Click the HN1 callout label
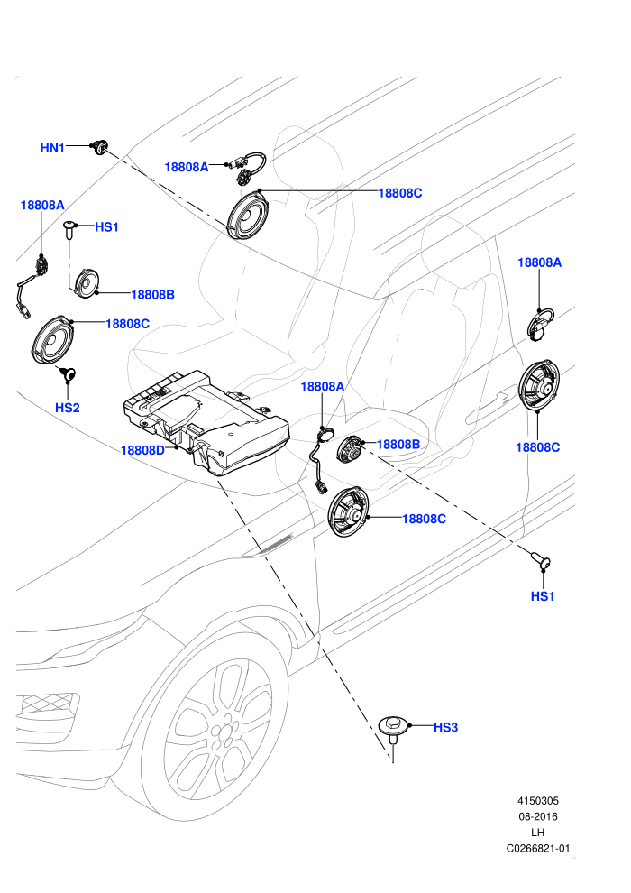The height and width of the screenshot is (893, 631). (52, 148)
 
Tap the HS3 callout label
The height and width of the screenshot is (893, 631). (445, 727)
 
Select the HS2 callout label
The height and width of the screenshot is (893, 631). (67, 408)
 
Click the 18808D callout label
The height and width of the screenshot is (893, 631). (142, 450)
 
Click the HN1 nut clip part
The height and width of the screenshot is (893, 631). (100, 147)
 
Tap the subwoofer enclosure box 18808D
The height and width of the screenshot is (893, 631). (206, 420)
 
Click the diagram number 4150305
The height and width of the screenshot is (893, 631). (537, 801)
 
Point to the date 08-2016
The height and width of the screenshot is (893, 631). (537, 816)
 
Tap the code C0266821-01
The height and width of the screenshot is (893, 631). (537, 849)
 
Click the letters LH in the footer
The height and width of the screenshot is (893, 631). (537, 833)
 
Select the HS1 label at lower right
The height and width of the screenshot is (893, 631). (543, 596)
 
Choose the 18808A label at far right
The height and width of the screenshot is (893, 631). (539, 262)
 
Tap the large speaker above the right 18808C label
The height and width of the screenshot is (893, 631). (539, 385)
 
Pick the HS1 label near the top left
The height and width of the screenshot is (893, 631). (106, 227)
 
